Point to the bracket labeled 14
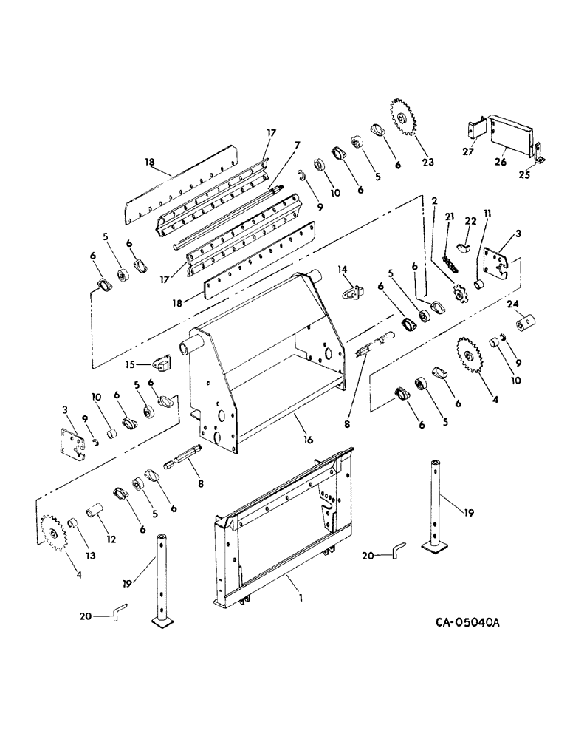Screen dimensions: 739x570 pos(352,293)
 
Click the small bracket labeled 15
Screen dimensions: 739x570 pos(162,364)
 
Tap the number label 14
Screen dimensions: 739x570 pos(341,270)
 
